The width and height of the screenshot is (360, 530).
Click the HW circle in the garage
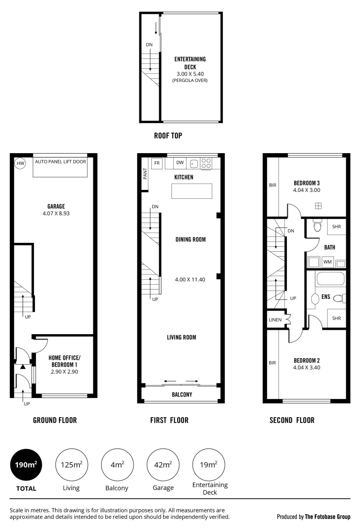(20, 163)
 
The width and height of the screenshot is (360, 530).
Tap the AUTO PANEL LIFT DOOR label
(61, 161)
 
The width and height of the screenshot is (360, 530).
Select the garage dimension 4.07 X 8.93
(56, 213)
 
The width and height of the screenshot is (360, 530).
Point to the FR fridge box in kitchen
(157, 163)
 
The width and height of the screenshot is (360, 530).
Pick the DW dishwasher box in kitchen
(180, 163)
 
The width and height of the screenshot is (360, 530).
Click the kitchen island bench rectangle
(192, 191)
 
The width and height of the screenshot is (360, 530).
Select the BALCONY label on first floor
(182, 395)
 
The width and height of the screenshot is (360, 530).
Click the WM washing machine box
(328, 262)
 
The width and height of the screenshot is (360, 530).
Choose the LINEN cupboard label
(275, 320)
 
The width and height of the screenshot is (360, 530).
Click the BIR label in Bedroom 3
(273, 185)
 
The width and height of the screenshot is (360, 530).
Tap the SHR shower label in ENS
(336, 318)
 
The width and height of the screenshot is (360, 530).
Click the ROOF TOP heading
(168, 135)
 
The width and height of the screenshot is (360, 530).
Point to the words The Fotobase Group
(328, 517)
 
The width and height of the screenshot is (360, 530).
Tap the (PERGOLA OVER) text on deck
(190, 80)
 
